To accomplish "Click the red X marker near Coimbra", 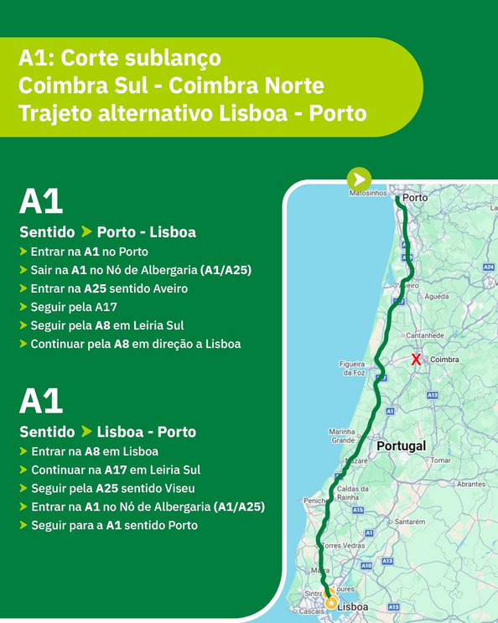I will click(x=416, y=360).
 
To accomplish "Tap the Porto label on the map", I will click(x=415, y=198).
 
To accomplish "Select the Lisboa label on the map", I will click(x=352, y=606).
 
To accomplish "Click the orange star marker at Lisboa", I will click(x=331, y=602).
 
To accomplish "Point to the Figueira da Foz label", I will click(x=352, y=368).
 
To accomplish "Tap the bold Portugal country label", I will click(x=401, y=446).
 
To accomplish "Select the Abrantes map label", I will click(x=471, y=484).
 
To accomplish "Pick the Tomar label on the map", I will click(x=440, y=460).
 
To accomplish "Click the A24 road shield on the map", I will click(x=489, y=267).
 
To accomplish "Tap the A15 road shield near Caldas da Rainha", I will click(x=358, y=510).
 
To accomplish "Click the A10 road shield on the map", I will click(x=366, y=566).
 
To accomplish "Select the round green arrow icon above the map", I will click(x=359, y=179).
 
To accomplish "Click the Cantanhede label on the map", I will click(x=424, y=335).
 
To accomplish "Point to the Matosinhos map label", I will click(x=368, y=193).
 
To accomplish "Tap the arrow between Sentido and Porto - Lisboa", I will click(x=86, y=231).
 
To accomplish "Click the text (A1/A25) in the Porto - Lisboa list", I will click(x=226, y=270).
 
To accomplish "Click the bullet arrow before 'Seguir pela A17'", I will click(x=23, y=307).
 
